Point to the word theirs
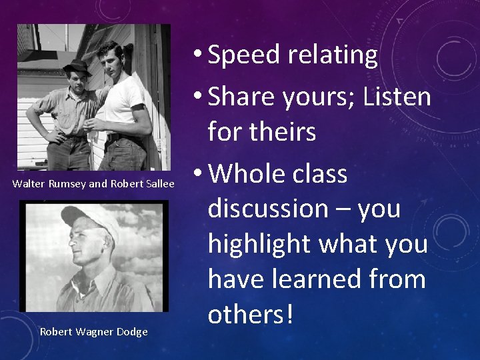pyautogui.click(x=279, y=132)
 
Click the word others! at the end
pyautogui.click(x=250, y=314)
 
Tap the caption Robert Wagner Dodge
pyautogui.click(x=93, y=331)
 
